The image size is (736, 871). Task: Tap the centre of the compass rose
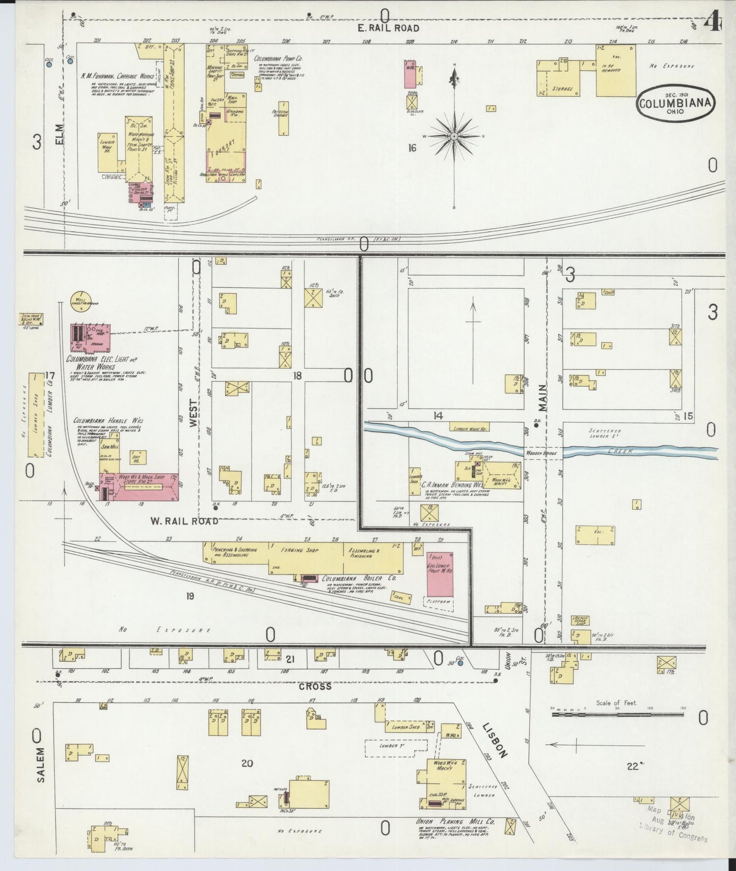(x=453, y=137)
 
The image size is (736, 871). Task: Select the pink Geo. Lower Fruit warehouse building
(x=440, y=574)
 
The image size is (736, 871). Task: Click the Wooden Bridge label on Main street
(x=543, y=453)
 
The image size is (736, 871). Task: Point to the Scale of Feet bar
(x=619, y=715)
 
